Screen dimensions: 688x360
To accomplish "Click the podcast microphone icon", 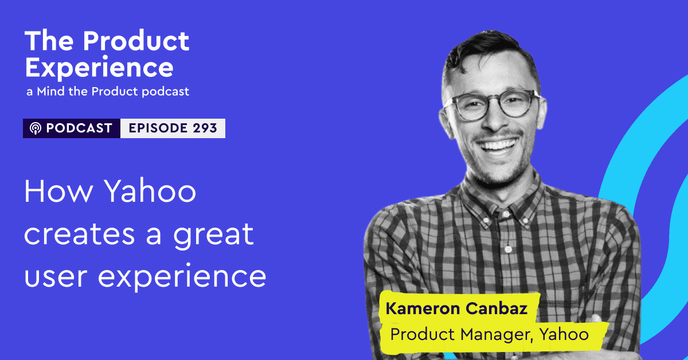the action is click(36, 128).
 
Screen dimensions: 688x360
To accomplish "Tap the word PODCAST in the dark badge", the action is click(79, 128).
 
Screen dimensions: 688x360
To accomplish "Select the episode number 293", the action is click(205, 128).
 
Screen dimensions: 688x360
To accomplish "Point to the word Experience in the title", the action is click(99, 68).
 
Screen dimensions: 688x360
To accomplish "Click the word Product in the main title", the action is click(136, 41).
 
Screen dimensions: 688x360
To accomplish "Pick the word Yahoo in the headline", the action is click(150, 191).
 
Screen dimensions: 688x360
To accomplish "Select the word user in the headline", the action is click(56, 277).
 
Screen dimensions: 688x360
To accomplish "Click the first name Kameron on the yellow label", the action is click(423, 308).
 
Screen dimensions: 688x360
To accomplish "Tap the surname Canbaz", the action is click(497, 308).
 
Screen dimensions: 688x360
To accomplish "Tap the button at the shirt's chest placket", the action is click(509, 249).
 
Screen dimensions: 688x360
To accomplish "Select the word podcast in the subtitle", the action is click(166, 92).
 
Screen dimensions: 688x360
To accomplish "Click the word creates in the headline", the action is click(80, 234).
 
